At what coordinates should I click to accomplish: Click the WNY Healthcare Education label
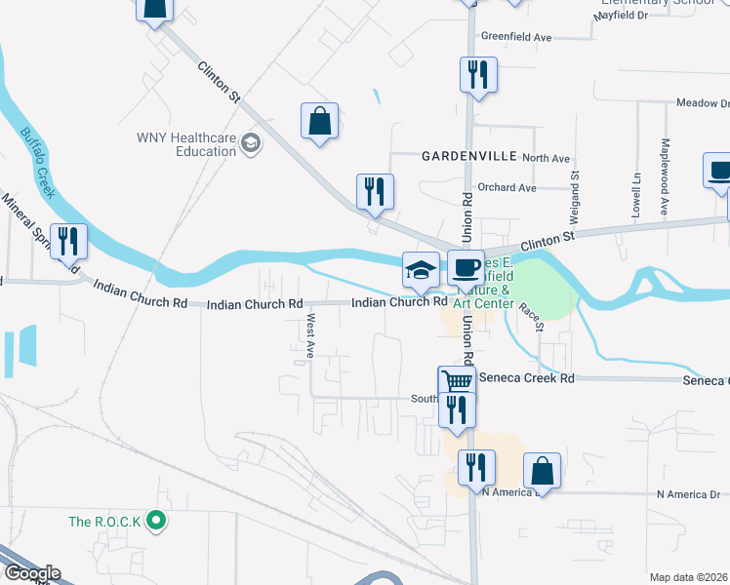click(x=186, y=144)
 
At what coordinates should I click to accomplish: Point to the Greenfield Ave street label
click(x=516, y=37)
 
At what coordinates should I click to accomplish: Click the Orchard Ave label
click(x=507, y=187)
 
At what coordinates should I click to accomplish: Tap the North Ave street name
click(x=546, y=158)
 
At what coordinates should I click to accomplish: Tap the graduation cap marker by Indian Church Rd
click(x=421, y=270)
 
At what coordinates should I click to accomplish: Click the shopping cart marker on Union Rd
click(x=456, y=383)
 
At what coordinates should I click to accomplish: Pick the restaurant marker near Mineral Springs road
click(x=69, y=240)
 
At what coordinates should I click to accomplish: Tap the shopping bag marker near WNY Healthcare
click(x=319, y=122)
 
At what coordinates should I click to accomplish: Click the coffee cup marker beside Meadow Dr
click(x=719, y=170)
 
